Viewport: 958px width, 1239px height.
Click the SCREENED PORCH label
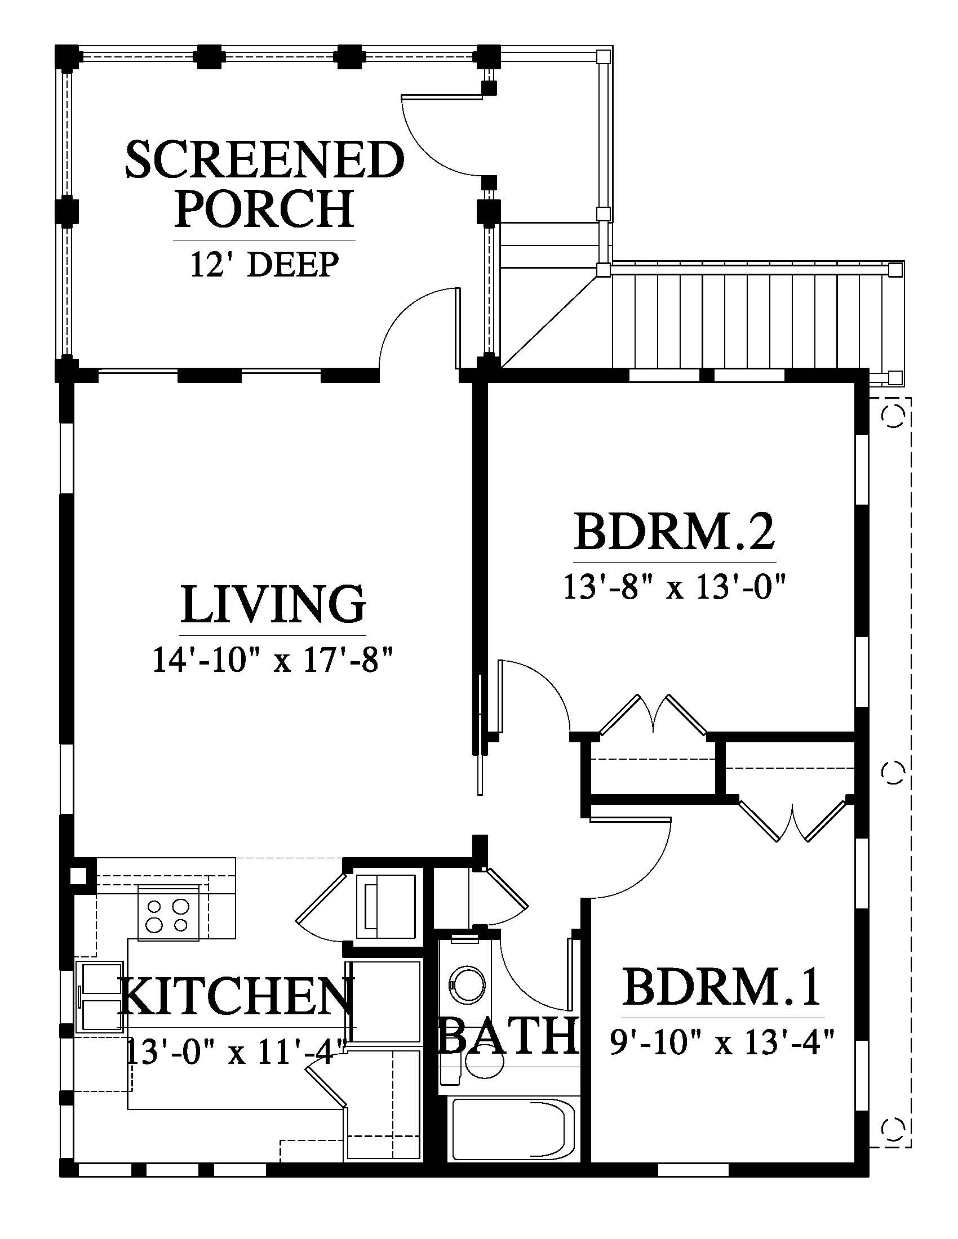pyautogui.click(x=264, y=184)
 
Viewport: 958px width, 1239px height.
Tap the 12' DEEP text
pyautogui.click(x=264, y=264)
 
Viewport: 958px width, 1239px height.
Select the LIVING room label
pyautogui.click(x=273, y=605)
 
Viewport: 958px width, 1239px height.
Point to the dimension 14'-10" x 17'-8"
pyautogui.click(x=273, y=660)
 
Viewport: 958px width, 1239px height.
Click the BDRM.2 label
pyautogui.click(x=674, y=532)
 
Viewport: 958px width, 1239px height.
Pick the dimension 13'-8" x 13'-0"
pyautogui.click(x=674, y=586)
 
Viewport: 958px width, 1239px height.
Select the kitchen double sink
pyautogui.click(x=99, y=996)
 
